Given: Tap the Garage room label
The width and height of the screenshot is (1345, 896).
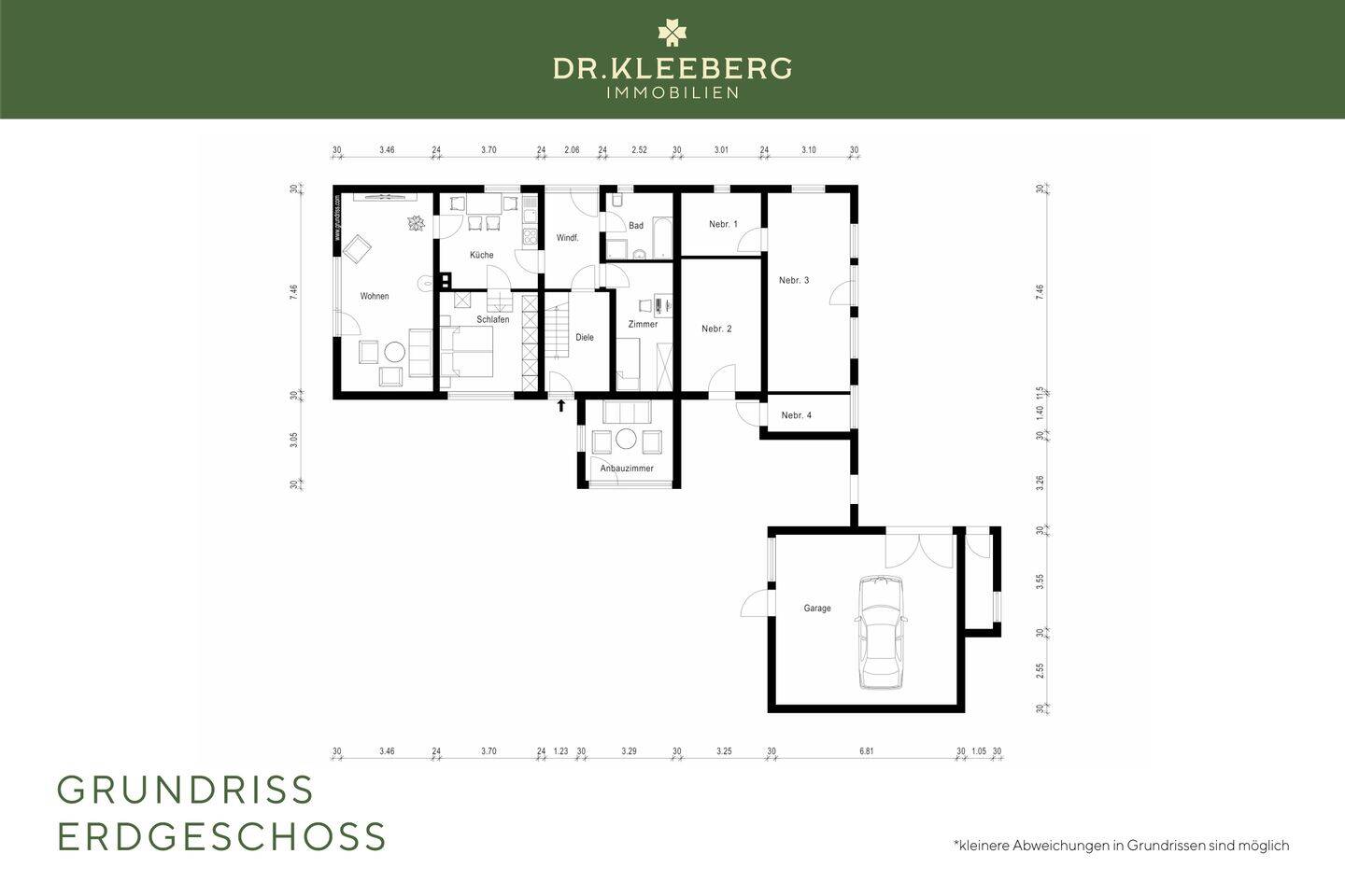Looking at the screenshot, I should point(817,609).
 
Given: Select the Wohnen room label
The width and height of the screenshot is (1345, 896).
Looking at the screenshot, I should point(375,297).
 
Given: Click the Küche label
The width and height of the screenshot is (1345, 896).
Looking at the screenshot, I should point(482,255).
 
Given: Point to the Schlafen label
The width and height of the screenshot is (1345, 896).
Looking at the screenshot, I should point(492,320).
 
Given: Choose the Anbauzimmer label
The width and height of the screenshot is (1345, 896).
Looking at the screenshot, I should point(627,469).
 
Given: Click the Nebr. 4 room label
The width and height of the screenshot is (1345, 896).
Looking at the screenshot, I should point(796,415).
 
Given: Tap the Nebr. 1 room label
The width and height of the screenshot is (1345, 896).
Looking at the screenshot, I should point(723,224).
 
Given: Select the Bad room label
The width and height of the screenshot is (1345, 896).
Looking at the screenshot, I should point(636,226).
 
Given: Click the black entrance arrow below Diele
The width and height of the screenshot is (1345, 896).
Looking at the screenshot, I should point(560,405).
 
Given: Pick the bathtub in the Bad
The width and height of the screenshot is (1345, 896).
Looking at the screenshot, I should point(661,237).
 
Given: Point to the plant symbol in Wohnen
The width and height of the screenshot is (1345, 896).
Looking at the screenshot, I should point(416,223).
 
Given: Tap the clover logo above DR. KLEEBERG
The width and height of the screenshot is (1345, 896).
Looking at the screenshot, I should point(672,33).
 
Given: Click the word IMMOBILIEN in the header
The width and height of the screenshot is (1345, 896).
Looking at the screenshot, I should point(672,92).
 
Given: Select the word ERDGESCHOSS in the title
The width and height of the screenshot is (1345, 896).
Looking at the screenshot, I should point(221,836).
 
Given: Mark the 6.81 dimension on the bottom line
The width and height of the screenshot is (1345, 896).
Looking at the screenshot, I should point(866,750).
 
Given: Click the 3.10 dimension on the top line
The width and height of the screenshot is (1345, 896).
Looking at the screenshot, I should point(809,149).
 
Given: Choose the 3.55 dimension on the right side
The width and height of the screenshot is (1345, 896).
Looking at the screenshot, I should point(1040,581).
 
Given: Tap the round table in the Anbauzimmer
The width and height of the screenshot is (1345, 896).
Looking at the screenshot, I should point(625,439).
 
